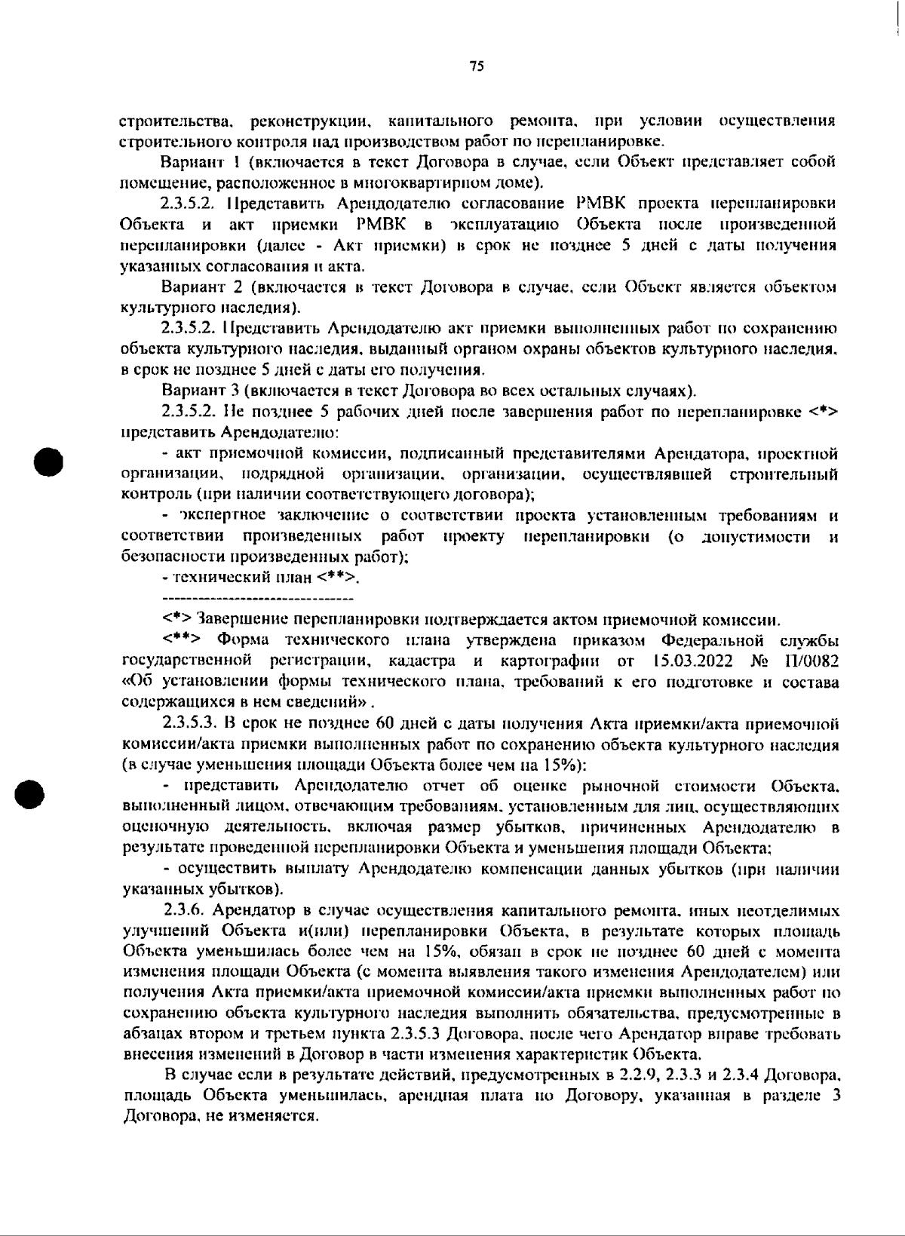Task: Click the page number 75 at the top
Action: (x=476, y=66)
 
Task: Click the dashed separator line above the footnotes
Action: (x=258, y=599)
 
